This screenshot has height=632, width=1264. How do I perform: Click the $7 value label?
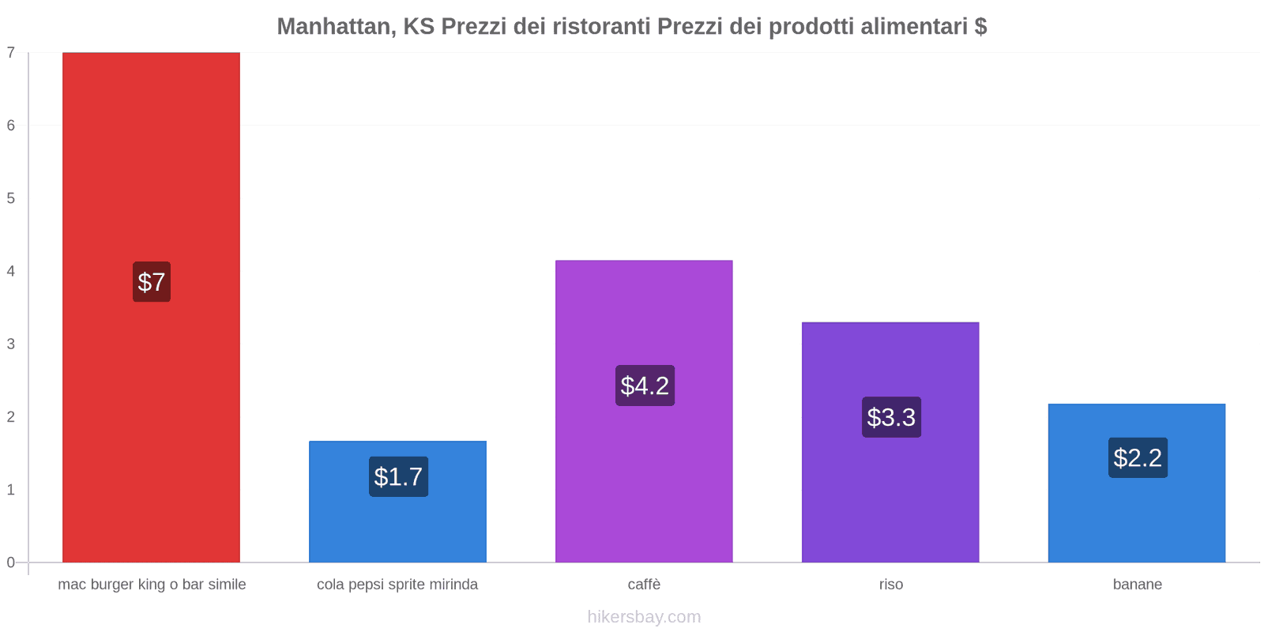click(152, 282)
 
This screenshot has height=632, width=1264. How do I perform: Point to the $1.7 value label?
click(398, 477)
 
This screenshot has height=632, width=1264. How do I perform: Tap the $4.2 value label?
click(645, 386)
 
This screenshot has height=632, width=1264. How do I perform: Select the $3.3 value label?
click(891, 417)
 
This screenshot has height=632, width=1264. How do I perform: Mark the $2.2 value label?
click(1138, 457)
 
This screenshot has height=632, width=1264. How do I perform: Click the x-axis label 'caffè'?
click(644, 585)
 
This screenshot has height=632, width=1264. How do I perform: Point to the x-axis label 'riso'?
click(890, 585)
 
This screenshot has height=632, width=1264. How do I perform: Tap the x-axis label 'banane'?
click(1137, 585)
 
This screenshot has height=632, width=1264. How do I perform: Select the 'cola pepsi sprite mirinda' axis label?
click(397, 585)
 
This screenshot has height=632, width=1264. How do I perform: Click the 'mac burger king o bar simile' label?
click(152, 585)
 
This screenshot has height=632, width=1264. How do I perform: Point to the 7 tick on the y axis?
click(11, 53)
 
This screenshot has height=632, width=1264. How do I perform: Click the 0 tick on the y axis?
click(11, 562)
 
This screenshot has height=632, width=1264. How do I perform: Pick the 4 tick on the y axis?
click(11, 272)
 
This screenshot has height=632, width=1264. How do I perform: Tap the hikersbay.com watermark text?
click(644, 617)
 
